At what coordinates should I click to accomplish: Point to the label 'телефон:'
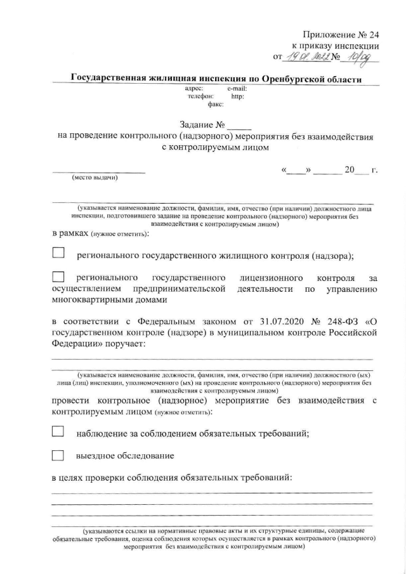[200, 97]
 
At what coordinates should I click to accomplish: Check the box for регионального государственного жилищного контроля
[58, 254]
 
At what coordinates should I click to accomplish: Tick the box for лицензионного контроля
[58, 277]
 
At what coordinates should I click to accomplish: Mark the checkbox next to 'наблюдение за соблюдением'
[58, 432]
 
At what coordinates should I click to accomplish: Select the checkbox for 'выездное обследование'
[58, 455]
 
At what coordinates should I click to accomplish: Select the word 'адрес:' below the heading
[194, 89]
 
